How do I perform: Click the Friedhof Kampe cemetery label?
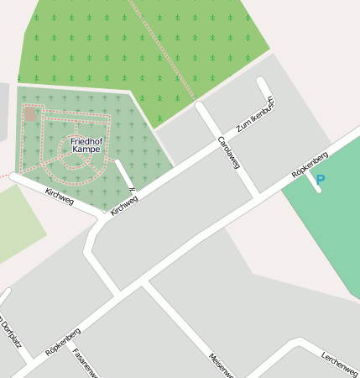(87, 145)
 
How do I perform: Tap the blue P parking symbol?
(320, 179)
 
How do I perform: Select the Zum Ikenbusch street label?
(255, 116)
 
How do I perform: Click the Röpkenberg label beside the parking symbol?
(309, 166)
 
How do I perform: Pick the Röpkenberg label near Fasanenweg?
(63, 342)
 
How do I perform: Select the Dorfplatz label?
(10, 336)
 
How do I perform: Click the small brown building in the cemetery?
(30, 113)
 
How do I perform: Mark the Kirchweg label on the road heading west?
(59, 197)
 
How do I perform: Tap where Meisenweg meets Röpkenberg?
(146, 286)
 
